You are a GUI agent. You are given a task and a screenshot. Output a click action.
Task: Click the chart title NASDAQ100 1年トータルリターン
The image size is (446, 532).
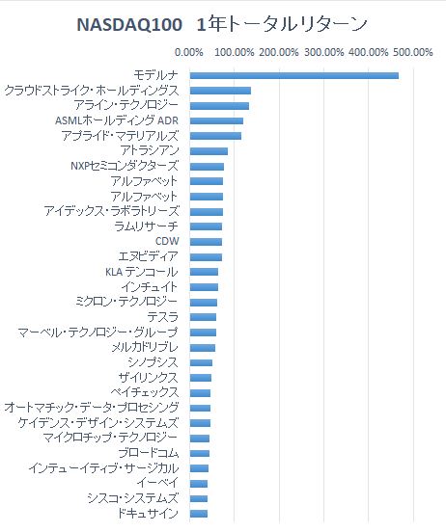222,24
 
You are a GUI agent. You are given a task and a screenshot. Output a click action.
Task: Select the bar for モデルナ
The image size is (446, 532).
294,75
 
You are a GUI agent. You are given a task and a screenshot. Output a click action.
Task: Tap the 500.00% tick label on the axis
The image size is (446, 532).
413,52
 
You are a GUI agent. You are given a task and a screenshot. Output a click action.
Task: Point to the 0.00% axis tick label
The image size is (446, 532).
189,52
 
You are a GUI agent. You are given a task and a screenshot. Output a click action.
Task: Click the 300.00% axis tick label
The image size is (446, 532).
324,52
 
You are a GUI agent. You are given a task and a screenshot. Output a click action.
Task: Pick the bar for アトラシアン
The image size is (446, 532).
209,151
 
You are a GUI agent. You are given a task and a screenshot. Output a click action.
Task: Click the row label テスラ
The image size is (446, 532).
162,317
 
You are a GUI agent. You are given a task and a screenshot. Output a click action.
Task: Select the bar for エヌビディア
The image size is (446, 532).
206,257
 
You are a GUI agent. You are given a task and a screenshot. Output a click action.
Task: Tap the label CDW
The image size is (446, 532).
167,241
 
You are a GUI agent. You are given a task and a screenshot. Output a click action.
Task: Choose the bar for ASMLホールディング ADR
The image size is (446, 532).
216,120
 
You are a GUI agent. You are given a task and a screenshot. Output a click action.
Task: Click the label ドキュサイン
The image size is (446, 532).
148,514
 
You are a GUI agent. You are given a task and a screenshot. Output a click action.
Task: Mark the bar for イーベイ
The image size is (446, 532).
199,484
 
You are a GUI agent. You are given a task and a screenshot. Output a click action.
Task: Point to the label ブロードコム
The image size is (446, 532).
149,453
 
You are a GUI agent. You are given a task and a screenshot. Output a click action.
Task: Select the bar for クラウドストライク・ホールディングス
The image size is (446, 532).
220,91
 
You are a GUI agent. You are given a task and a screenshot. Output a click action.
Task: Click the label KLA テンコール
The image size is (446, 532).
142,272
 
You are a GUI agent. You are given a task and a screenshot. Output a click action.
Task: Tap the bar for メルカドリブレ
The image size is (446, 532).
203,348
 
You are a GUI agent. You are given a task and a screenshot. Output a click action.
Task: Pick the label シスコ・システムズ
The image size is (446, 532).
133,498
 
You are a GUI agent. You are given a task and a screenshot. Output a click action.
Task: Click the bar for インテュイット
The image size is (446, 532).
204,287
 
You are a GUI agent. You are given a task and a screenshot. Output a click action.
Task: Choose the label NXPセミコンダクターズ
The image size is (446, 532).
125,166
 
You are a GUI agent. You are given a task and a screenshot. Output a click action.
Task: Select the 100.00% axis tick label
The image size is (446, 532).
235,52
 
